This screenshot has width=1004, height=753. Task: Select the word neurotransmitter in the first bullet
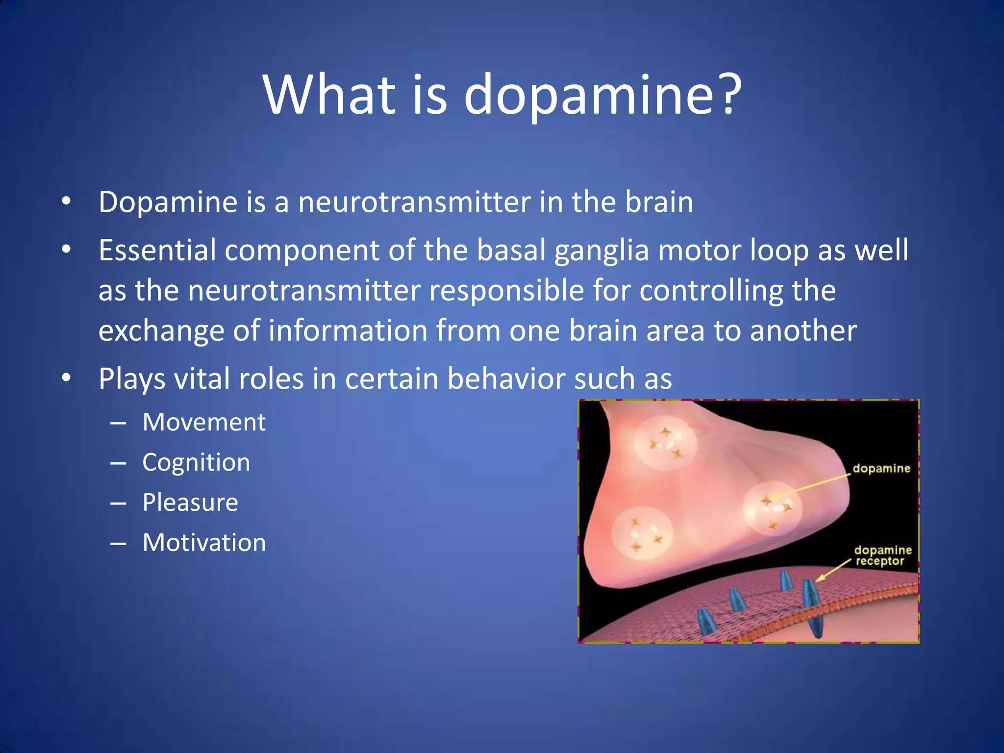tap(414, 202)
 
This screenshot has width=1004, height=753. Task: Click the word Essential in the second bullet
tap(157, 250)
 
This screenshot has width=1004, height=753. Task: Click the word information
tap(348, 330)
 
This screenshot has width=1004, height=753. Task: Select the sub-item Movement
tap(204, 422)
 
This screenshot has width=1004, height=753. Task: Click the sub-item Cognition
tap(196, 462)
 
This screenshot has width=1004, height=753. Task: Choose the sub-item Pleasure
tap(190, 502)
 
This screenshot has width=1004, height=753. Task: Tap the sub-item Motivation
tap(204, 543)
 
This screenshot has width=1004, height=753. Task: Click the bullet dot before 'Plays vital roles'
tap(67, 378)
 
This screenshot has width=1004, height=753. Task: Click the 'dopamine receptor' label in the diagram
tap(882, 555)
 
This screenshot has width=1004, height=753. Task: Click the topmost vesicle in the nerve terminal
tap(665, 442)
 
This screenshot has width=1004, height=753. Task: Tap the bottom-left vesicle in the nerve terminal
tap(642, 533)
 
